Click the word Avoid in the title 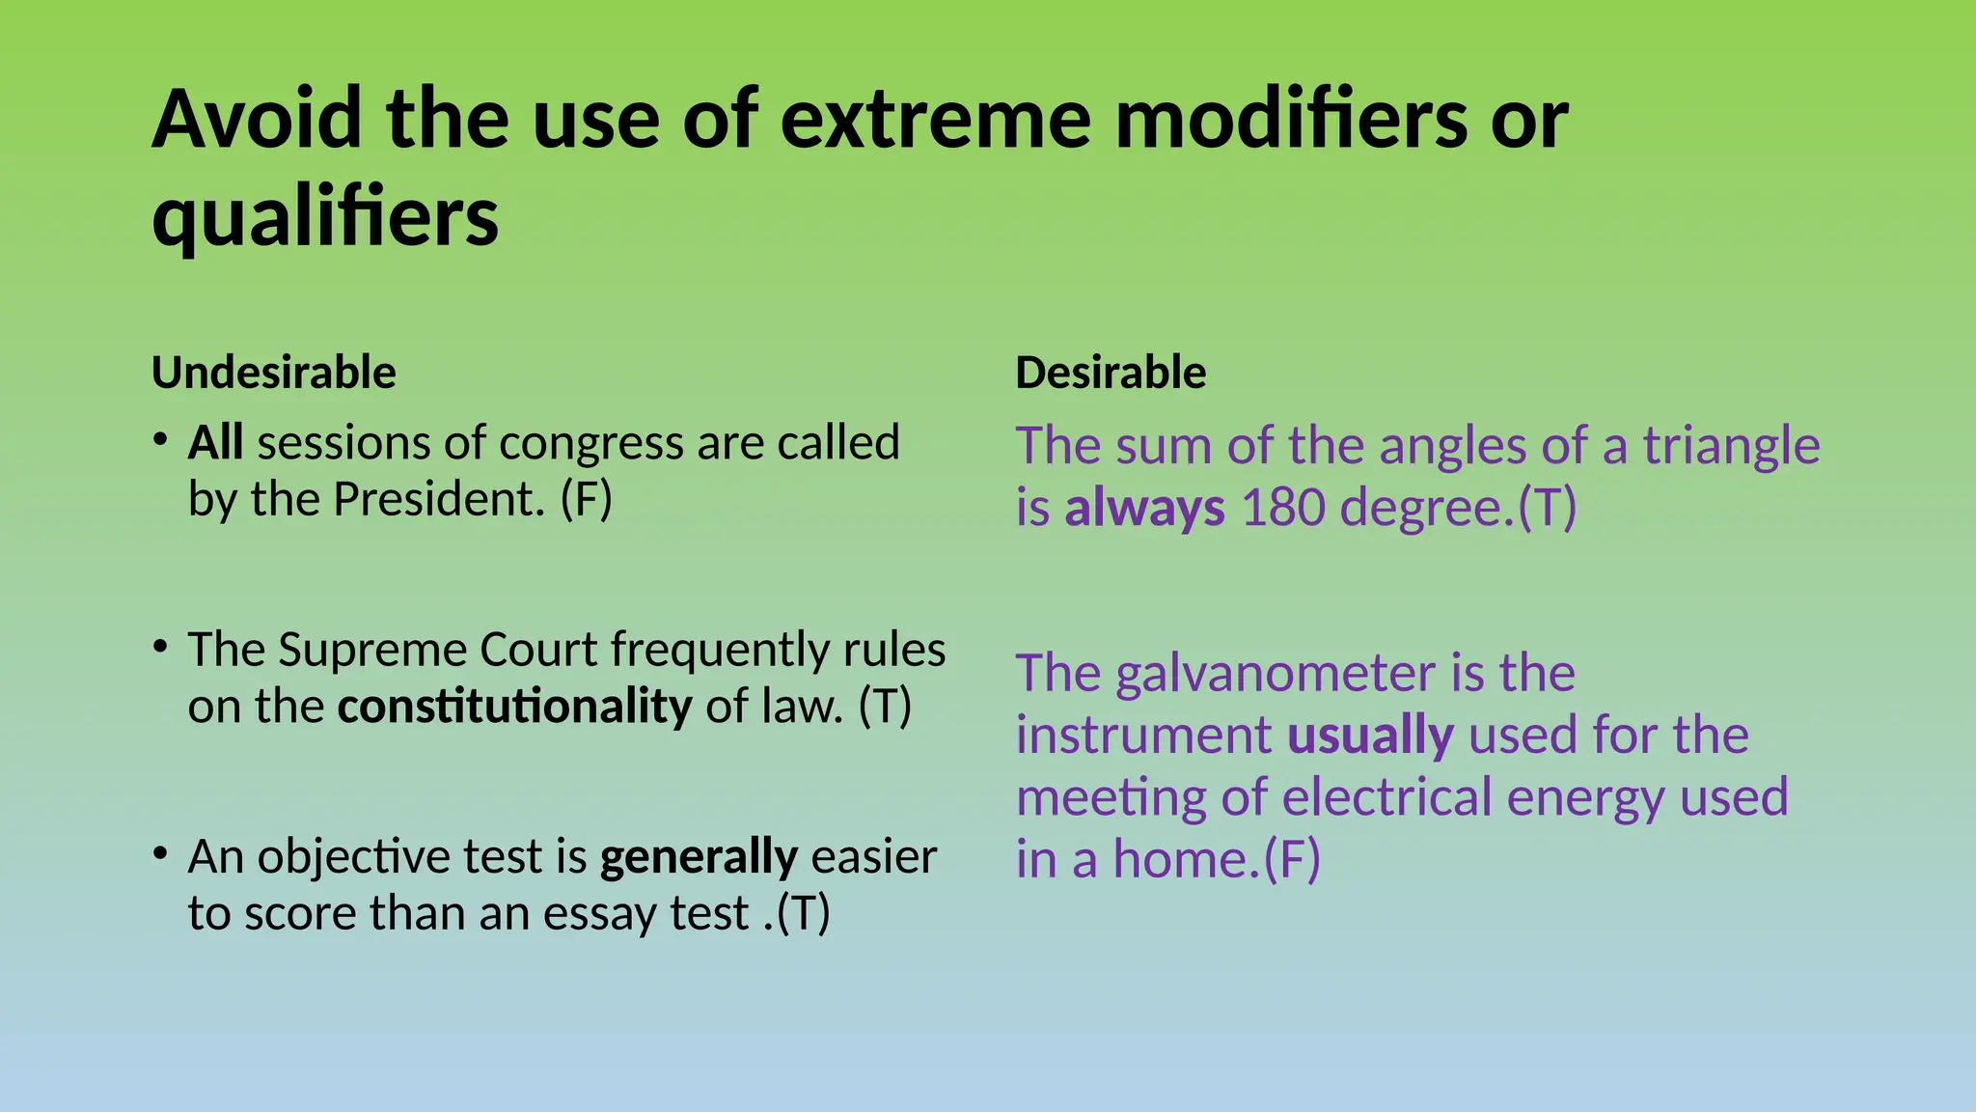[257, 120]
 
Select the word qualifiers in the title [325, 218]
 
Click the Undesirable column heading [274, 373]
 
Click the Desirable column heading [1111, 373]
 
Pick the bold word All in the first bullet [215, 443]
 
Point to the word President [439, 500]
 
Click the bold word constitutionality [514, 707]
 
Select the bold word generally [699, 857]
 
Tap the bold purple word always [1144, 508]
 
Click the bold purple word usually [1370, 736]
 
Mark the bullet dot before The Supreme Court [161, 646]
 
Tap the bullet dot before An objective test [161, 853]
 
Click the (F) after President [587, 500]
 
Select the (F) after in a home [1292, 859]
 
